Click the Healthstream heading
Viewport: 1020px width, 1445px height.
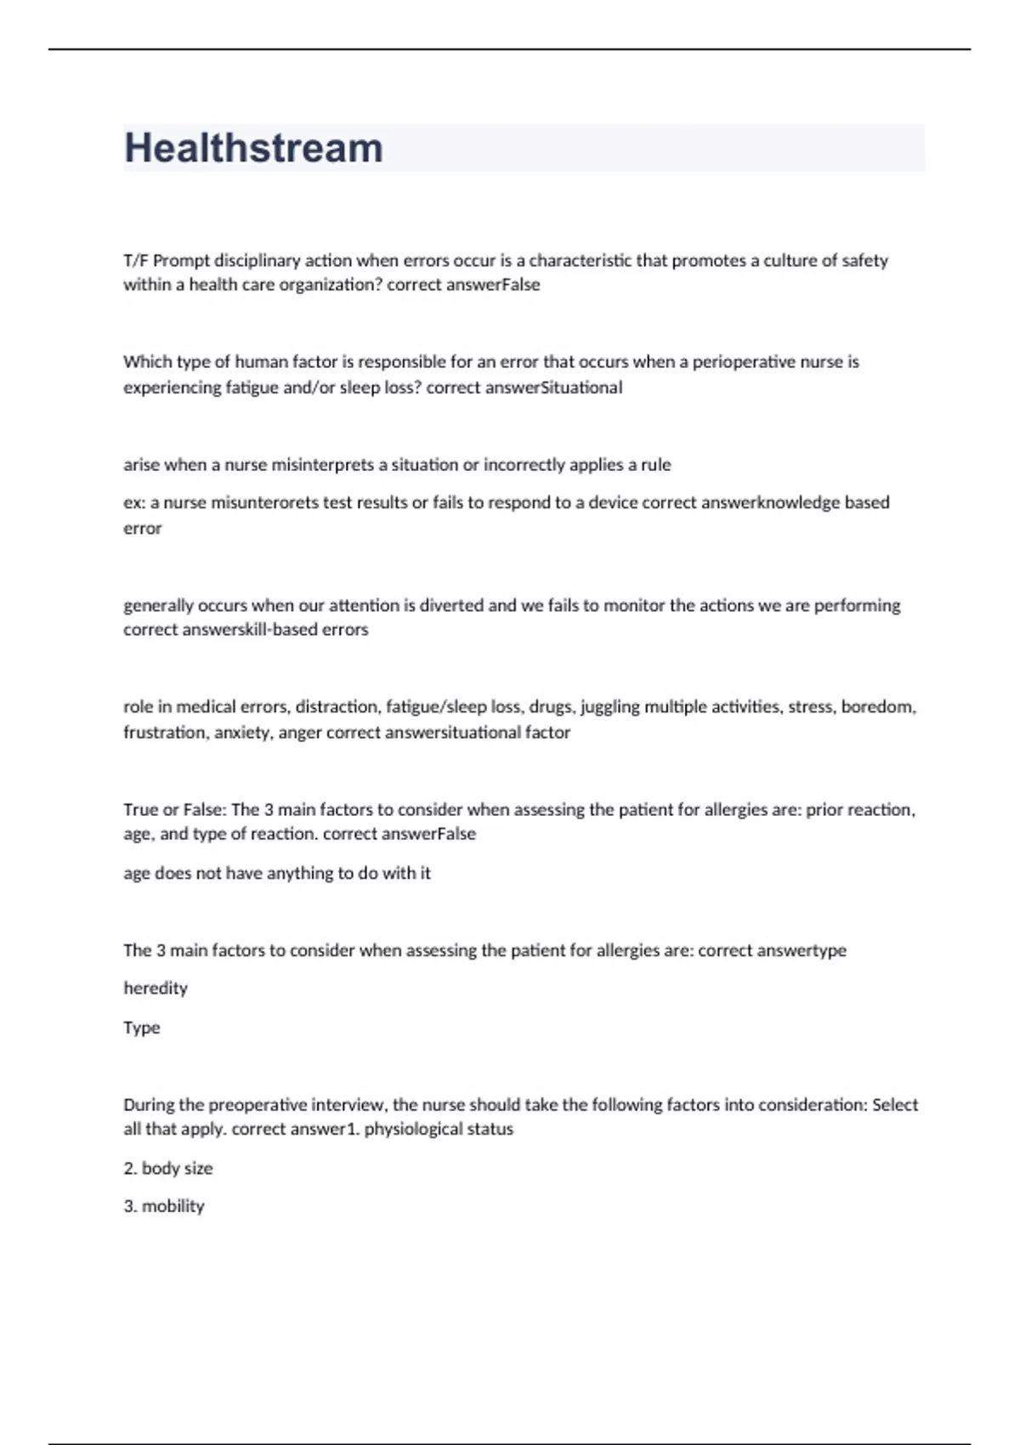(253, 148)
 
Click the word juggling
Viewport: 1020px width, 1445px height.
(609, 707)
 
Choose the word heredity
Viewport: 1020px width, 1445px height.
(156, 988)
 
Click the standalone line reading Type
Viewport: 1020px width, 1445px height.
(142, 1028)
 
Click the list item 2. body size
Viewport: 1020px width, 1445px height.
(168, 1169)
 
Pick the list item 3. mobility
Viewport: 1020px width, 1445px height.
(164, 1206)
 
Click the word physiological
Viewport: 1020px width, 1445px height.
(410, 1130)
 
